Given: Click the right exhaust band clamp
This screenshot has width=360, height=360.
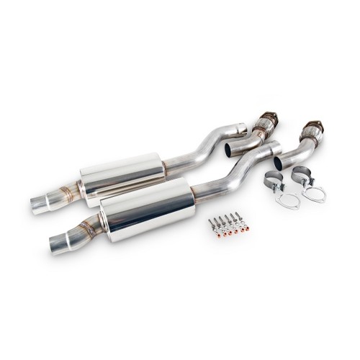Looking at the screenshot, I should (301, 176).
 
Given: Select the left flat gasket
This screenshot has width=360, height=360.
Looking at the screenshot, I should (287, 199).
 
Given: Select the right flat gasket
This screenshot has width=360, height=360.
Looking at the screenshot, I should (314, 192).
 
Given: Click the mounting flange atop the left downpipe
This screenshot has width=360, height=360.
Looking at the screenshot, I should (267, 116).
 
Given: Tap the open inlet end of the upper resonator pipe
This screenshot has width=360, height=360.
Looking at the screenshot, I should (241, 130).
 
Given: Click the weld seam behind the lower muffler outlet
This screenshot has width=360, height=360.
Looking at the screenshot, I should (89, 228).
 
